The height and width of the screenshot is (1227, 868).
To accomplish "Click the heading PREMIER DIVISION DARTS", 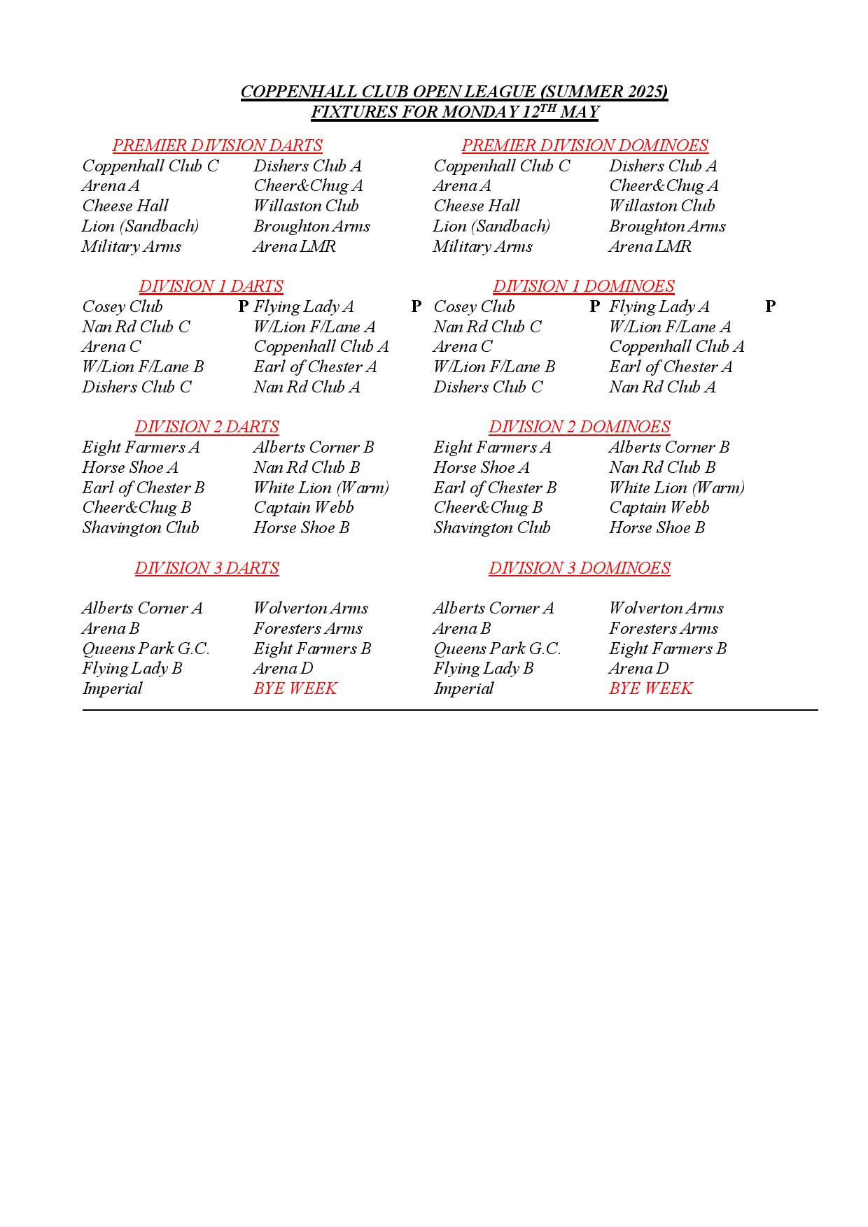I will click(217, 146).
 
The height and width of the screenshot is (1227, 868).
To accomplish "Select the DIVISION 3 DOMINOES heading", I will click(579, 568).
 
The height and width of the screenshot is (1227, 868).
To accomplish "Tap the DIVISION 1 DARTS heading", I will click(211, 286).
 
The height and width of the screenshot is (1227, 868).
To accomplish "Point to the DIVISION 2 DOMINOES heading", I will click(579, 427).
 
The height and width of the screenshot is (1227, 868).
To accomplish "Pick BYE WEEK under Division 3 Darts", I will click(295, 688).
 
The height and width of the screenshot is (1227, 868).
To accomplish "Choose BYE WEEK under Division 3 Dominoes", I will click(650, 688).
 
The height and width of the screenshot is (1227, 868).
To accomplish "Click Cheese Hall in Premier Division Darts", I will click(125, 206).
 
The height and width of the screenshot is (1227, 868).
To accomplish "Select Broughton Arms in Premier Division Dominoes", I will click(667, 226).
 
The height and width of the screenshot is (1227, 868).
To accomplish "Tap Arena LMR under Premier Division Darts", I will click(294, 246).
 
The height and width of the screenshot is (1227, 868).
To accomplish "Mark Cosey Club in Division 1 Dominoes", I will click(474, 306).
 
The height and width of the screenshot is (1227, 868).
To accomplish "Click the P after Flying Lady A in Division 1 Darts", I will click(416, 306).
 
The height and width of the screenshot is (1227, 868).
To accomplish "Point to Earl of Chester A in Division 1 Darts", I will click(315, 367).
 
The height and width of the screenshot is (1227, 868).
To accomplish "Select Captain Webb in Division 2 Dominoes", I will click(659, 507).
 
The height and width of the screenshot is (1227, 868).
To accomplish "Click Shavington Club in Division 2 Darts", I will click(140, 527).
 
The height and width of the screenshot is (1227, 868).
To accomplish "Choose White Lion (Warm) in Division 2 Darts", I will click(321, 488).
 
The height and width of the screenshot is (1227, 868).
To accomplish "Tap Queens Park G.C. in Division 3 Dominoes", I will click(497, 648).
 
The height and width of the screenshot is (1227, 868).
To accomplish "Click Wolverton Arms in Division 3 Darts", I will click(310, 608).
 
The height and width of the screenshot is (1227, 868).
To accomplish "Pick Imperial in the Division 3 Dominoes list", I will click(463, 688).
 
